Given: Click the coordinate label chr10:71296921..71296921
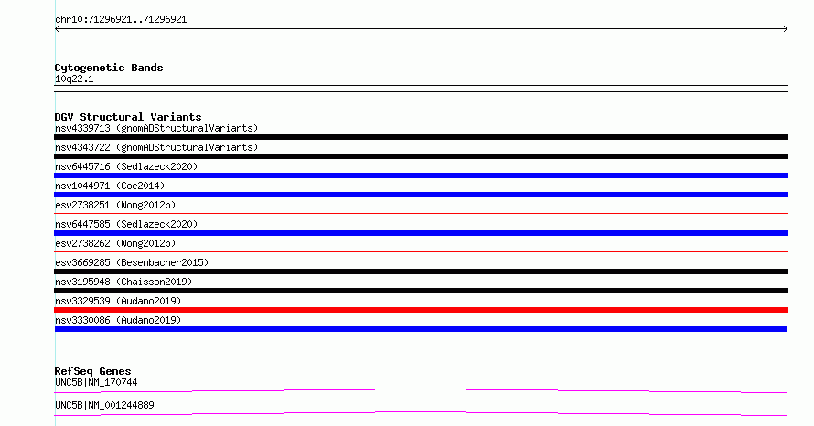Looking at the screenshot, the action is (121, 20).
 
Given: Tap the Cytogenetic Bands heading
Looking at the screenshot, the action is (109, 68).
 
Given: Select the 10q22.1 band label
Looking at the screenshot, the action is (74, 79).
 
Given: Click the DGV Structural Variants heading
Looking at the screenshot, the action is (128, 117).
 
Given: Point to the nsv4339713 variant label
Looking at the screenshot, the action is (156, 128).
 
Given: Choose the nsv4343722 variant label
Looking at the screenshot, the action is (156, 147).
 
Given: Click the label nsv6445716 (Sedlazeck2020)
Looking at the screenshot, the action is (126, 166).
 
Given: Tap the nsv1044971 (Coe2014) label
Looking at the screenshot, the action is (110, 186).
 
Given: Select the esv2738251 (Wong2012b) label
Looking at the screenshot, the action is (115, 205).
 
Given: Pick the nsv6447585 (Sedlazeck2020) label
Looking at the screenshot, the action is (126, 224).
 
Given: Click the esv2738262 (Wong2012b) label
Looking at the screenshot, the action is (115, 243).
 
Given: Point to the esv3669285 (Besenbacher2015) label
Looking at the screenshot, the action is (132, 262).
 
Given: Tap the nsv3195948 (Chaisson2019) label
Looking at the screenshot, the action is (123, 282).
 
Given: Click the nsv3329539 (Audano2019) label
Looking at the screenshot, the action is (118, 301).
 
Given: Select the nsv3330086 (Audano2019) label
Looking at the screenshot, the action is (118, 320).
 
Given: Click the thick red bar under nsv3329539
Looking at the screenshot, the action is (421, 310).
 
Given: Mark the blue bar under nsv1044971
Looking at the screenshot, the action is (421, 195).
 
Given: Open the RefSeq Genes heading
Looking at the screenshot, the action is (92, 371).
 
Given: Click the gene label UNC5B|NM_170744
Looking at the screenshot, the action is (96, 382).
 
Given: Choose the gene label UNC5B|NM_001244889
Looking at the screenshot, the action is (104, 405).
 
